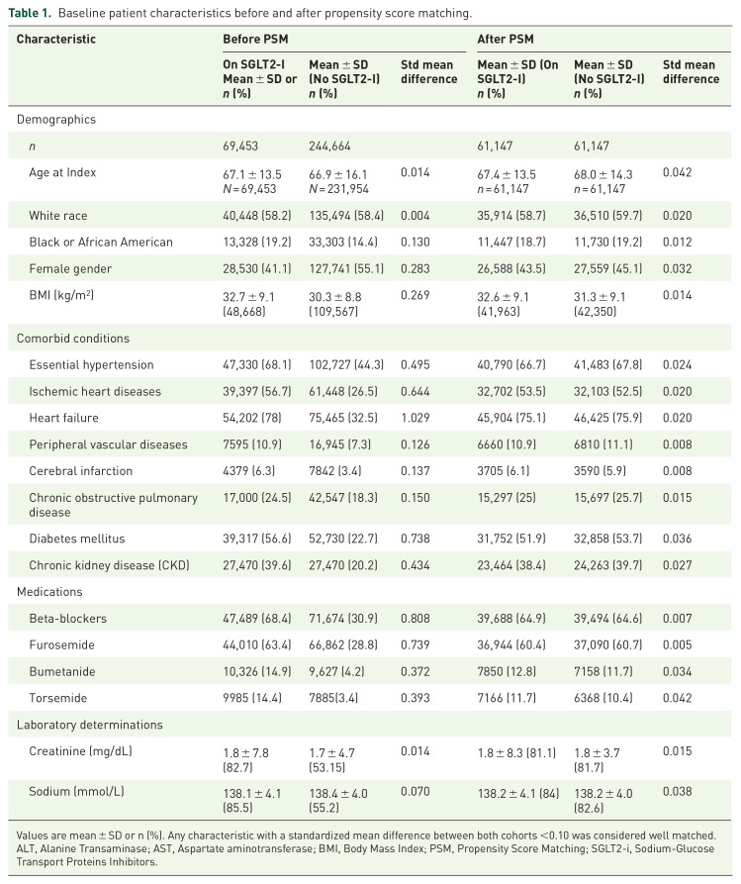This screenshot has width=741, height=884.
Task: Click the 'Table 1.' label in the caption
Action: (33, 14)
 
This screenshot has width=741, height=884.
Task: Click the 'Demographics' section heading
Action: (55, 118)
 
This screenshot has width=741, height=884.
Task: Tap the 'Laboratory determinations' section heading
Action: (89, 724)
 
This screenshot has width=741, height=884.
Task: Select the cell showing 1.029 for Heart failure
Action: (416, 416)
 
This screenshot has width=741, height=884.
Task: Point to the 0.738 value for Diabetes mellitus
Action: (416, 539)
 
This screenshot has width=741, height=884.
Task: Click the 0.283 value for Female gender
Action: (416, 268)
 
